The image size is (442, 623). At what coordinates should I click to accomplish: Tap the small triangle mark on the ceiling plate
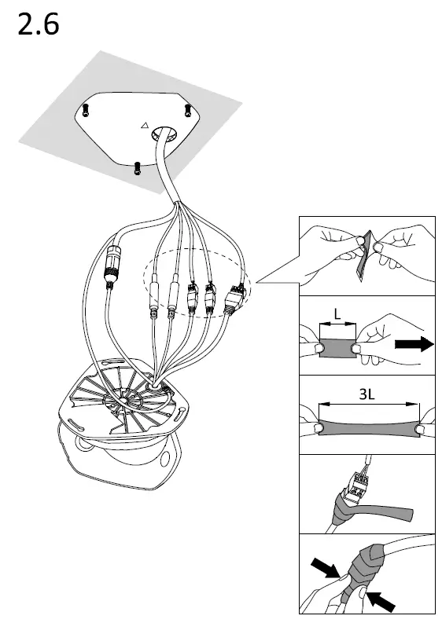pyautogui.click(x=143, y=124)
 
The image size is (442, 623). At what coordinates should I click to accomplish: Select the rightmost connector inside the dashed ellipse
pyautogui.click(x=234, y=299)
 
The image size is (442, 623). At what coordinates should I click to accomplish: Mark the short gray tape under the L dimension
pyautogui.click(x=337, y=346)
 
